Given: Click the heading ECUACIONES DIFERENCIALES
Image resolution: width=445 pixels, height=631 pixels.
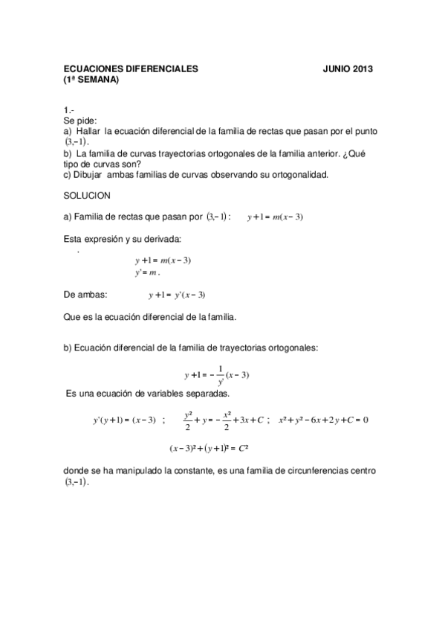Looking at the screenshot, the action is click(x=131, y=69).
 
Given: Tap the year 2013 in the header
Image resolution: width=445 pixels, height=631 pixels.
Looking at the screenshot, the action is click(x=359, y=69).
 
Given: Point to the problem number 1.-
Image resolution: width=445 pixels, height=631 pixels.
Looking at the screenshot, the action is click(x=68, y=111).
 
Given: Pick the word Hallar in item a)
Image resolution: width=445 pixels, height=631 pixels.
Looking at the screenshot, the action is click(x=88, y=131).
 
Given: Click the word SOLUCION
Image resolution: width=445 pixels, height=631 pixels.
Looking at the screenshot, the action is click(x=87, y=196).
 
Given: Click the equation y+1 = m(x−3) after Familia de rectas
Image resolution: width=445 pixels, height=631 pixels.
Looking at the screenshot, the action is click(x=276, y=217).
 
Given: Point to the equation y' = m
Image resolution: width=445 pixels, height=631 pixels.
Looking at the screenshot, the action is click(x=148, y=272).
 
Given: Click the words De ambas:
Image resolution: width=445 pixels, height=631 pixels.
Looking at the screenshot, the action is click(x=85, y=295).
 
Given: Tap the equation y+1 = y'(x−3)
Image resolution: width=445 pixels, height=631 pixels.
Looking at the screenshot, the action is click(x=177, y=295).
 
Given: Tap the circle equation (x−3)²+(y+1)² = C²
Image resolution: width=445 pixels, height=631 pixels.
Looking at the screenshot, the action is click(x=212, y=449).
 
